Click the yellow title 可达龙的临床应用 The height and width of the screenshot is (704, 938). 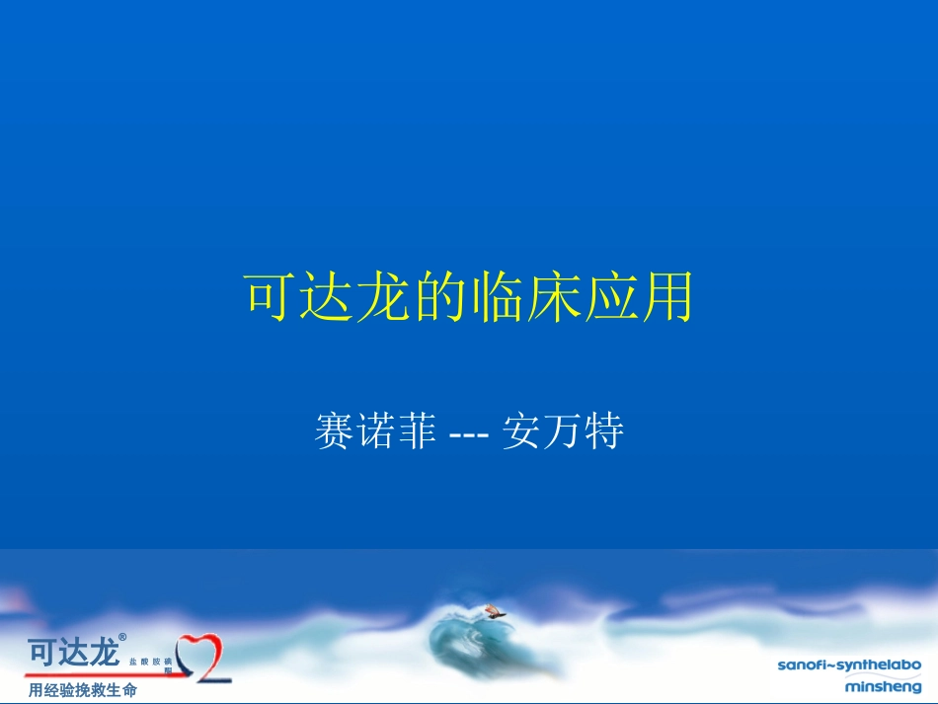(469, 296)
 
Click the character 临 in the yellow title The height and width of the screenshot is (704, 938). (498, 296)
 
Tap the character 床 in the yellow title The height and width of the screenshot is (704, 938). (554, 296)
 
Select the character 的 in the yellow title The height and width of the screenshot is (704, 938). (440, 296)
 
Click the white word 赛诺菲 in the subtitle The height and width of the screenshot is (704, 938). (375, 432)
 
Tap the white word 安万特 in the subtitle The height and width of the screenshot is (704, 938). (563, 432)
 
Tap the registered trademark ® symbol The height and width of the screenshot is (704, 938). (122, 638)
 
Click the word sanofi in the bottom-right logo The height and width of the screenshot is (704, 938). (802, 665)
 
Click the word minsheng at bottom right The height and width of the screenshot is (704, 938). (883, 686)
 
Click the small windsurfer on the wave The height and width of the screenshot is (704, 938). (493, 611)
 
